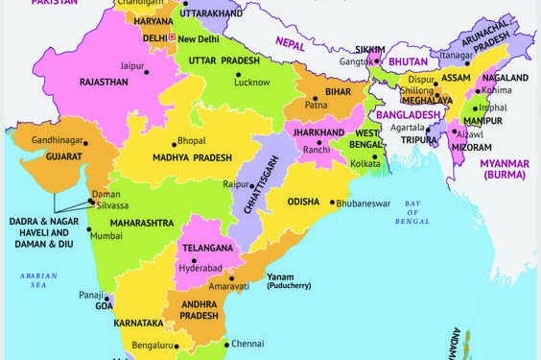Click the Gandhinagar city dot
tap(85, 143)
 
